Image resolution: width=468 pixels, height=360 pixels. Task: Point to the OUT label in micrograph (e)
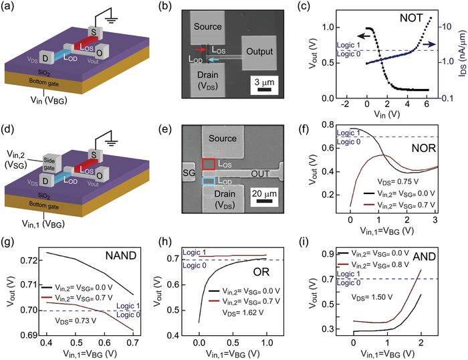[259, 173]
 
